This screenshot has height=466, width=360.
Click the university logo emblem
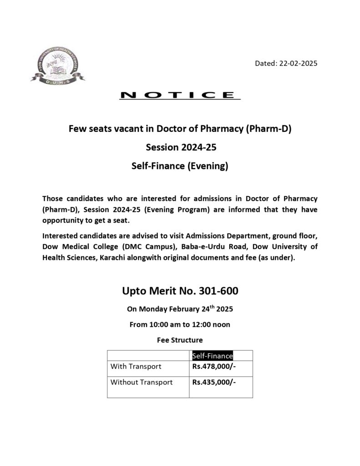click(57, 67)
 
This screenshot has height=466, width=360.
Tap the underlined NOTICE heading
click(179, 95)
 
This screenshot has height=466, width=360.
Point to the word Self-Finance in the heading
click(156, 166)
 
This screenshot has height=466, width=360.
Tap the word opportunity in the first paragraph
click(64, 220)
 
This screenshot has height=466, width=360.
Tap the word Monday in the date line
click(152, 309)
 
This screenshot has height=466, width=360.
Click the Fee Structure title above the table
click(180, 339)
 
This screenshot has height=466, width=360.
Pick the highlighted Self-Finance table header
click(213, 356)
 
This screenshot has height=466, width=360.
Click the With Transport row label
click(136, 366)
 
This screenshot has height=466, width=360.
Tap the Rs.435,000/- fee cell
click(214, 382)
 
